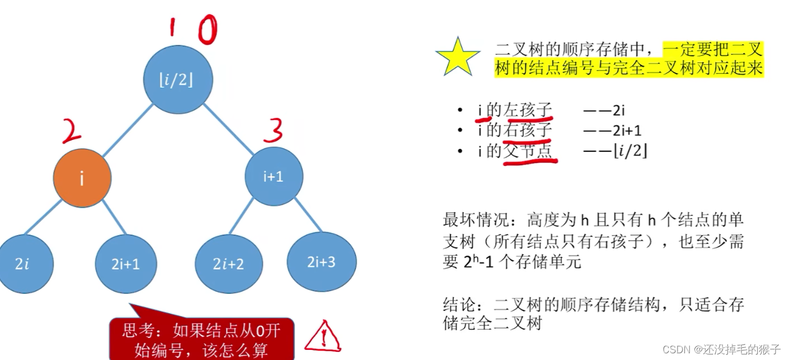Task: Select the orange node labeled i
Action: [82, 179]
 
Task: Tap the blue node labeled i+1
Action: [274, 176]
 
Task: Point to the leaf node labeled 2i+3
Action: [321, 261]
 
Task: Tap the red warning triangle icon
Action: [323, 336]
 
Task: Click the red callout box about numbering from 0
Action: [201, 339]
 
